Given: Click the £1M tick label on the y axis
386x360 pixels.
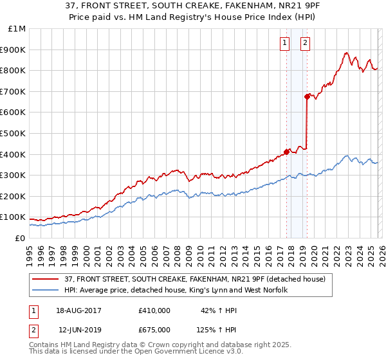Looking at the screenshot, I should tap(17, 28).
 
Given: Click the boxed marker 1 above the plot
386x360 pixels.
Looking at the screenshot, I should tap(284, 43).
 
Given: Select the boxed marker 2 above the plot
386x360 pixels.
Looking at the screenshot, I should tap(305, 43).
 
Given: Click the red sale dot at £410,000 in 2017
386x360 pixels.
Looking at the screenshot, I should tap(286, 152).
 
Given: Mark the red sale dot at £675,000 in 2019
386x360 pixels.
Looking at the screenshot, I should tap(307, 96).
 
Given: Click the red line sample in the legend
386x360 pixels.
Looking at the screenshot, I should tap(45, 280).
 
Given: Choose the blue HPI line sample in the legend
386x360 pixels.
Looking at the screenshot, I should tap(45, 290).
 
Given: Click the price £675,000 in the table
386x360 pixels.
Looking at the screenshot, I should tap(154, 329).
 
